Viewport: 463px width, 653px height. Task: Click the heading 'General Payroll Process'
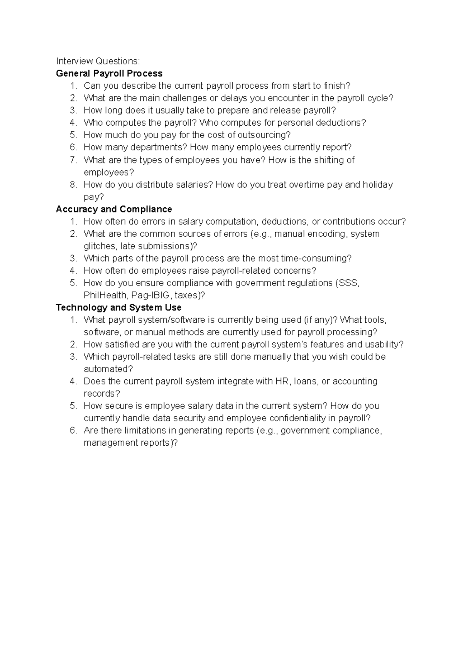[109, 73]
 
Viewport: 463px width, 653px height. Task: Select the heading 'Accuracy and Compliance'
[114, 209]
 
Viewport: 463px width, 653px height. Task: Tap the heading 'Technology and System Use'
[118, 307]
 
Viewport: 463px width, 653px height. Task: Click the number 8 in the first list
[73, 185]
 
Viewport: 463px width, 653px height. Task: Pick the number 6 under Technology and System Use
[73, 431]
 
